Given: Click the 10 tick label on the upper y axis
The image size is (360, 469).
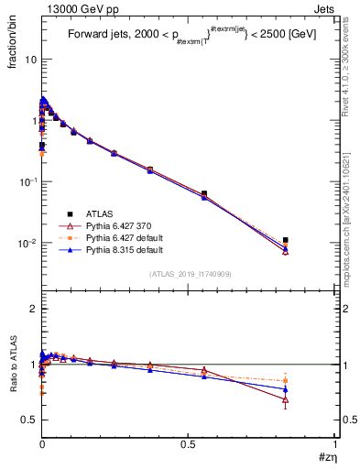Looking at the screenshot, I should click(29, 60).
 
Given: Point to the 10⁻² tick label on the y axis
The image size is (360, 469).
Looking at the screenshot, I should click(26, 244).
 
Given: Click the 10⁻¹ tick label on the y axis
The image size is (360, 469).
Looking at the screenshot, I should click(26, 182).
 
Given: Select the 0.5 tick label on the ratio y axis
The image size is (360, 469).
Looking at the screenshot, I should click(27, 420).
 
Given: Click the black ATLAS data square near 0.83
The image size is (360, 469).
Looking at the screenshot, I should click(286, 240).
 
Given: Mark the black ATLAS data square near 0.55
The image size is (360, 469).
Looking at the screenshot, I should click(203, 193).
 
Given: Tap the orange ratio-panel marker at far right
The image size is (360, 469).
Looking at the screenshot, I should click(286, 380).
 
